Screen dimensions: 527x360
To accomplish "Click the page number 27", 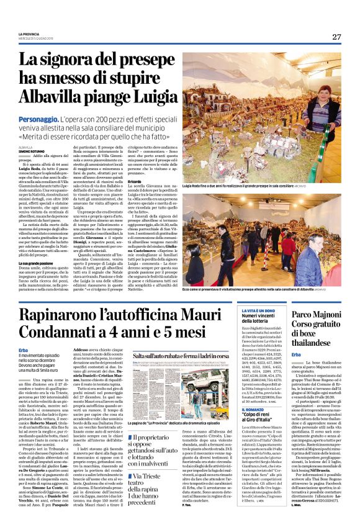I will click(x=337, y=37).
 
